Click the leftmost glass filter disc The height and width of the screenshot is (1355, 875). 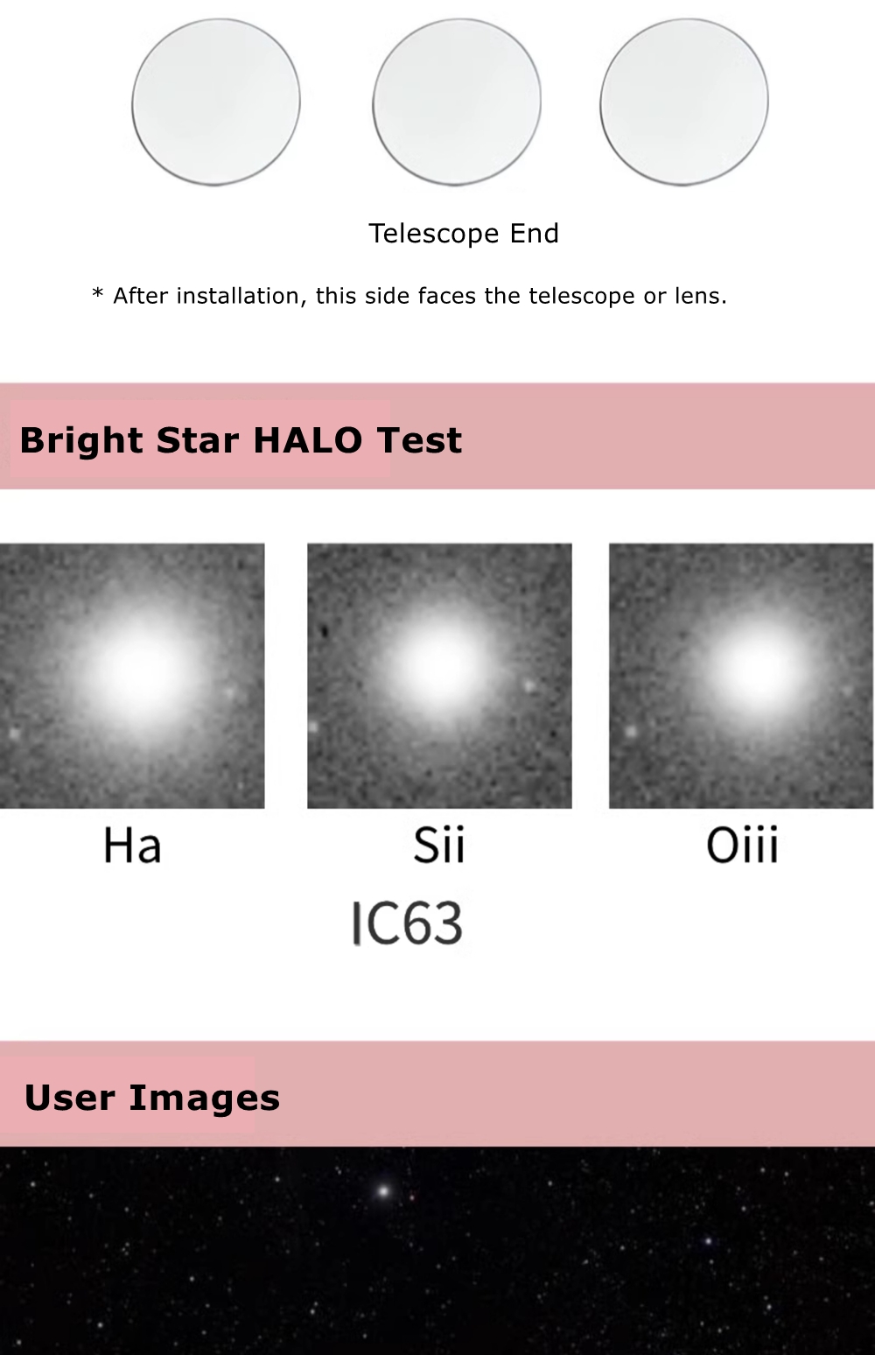(x=216, y=102)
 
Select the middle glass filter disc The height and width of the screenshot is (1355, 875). (x=457, y=102)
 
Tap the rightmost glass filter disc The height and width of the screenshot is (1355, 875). (x=684, y=102)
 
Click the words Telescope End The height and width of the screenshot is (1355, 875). (x=464, y=234)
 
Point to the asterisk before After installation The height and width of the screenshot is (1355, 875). (x=97, y=294)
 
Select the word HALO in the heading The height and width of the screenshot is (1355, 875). (x=308, y=439)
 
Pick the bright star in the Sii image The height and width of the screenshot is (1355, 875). (x=439, y=664)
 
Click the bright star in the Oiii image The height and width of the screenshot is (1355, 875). (x=756, y=667)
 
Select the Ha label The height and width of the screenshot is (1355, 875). (x=132, y=845)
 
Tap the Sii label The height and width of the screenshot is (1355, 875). (x=439, y=845)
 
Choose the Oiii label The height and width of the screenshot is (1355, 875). (x=742, y=845)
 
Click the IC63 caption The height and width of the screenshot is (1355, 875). (x=407, y=923)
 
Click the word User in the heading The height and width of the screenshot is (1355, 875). (x=69, y=1098)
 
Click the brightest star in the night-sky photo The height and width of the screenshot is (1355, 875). (x=382, y=1191)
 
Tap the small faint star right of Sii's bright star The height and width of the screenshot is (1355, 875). (x=529, y=686)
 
